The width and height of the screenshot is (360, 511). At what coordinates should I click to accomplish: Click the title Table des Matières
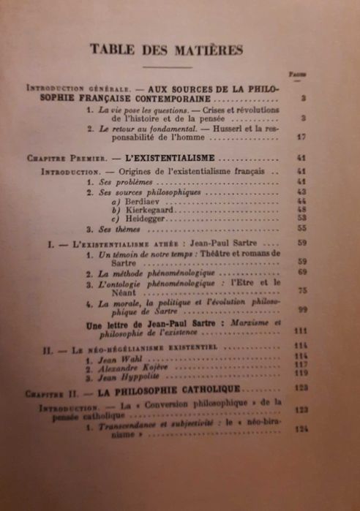point(166,49)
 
